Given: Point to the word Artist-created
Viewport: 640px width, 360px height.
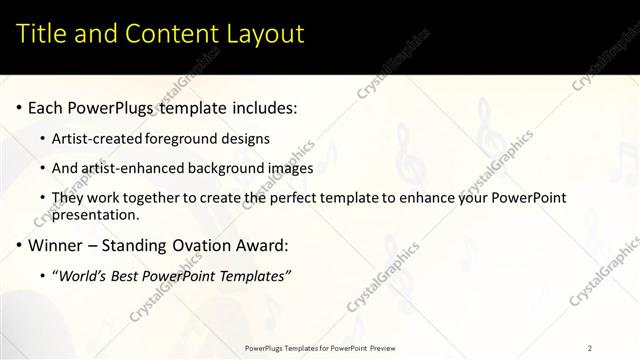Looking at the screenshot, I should coord(97,138).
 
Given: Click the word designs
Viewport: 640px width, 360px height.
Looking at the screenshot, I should coord(249,138).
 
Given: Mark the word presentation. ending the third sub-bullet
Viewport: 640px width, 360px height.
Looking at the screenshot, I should coord(97,214).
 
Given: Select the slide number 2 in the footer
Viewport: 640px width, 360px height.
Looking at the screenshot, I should coord(590,347).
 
